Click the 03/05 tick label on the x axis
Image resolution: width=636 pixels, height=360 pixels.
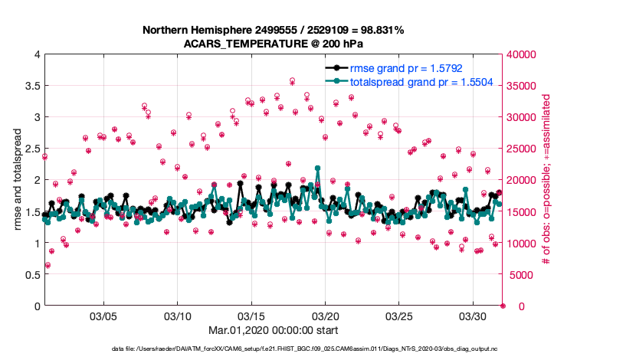[x=103, y=316]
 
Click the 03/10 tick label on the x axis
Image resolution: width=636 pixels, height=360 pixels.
[x=177, y=316]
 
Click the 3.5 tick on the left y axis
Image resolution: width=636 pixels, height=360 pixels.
[x=31, y=86]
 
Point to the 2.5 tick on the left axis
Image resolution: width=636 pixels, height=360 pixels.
[x=31, y=149]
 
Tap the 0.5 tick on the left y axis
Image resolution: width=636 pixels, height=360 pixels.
[x=31, y=274]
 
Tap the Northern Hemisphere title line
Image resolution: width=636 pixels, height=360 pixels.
[x=274, y=29]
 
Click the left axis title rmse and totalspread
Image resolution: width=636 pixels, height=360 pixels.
[x=17, y=180]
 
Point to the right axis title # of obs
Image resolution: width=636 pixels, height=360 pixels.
[x=546, y=180]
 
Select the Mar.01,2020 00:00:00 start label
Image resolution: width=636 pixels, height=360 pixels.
[x=274, y=331]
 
